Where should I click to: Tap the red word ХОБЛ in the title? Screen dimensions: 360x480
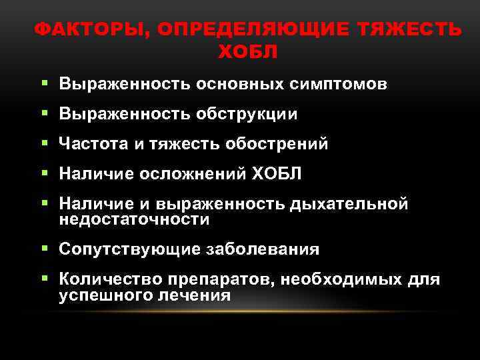(247, 51)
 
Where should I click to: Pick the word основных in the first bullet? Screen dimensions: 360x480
(241, 85)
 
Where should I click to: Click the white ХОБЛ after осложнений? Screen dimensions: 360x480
(277, 174)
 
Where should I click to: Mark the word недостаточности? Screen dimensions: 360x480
(134, 219)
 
